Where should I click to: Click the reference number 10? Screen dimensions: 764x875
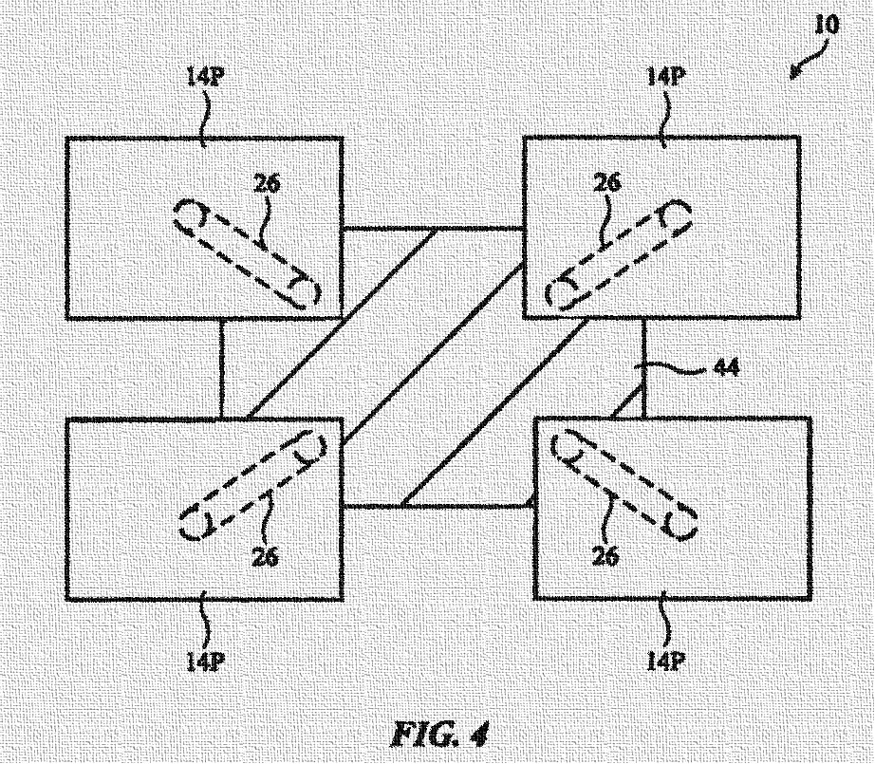[x=827, y=25]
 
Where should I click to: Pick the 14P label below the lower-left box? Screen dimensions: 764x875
[x=205, y=659]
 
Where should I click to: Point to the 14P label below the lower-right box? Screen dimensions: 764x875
[x=664, y=659]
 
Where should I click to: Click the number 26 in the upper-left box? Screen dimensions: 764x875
[x=268, y=183]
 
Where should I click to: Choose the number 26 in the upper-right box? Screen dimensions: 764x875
[x=606, y=183]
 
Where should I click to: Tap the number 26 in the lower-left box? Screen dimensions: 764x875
[x=267, y=557]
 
